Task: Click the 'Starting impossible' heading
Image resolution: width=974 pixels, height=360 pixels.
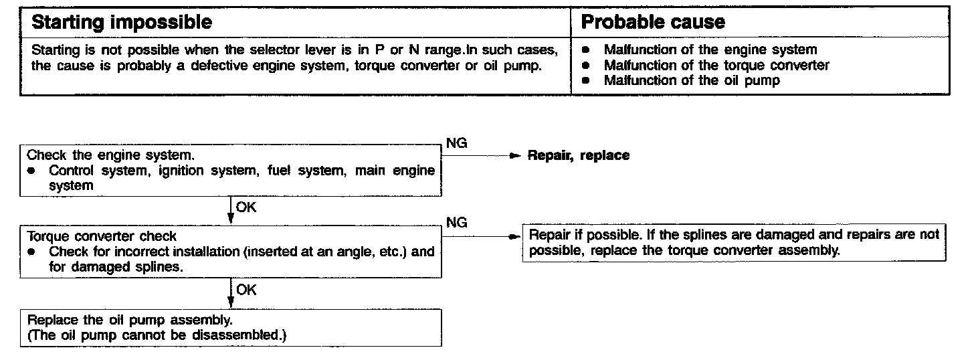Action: [122, 22]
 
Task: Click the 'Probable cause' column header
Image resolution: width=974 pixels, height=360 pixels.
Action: [653, 22]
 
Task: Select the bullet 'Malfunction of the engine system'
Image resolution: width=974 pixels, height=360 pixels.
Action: [710, 50]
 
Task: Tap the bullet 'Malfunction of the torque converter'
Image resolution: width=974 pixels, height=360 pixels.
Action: [716, 65]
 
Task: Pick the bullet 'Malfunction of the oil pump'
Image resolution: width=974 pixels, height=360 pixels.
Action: [692, 80]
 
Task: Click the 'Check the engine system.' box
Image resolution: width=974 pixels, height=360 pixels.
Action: [230, 170]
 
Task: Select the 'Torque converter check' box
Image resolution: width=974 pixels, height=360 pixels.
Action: [230, 252]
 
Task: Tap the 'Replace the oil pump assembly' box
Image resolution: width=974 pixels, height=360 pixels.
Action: [230, 327]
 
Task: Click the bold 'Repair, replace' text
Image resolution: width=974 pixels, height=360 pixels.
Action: [579, 155]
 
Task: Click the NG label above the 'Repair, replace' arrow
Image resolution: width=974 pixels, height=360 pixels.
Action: [456, 143]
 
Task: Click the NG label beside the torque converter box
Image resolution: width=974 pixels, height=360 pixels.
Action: [456, 223]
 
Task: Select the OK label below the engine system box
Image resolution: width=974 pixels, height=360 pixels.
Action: [246, 207]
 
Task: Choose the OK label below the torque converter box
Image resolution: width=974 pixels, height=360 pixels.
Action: [246, 290]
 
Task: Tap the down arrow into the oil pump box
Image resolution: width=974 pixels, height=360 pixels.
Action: [230, 295]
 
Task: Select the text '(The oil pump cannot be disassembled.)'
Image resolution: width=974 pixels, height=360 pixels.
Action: [157, 335]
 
